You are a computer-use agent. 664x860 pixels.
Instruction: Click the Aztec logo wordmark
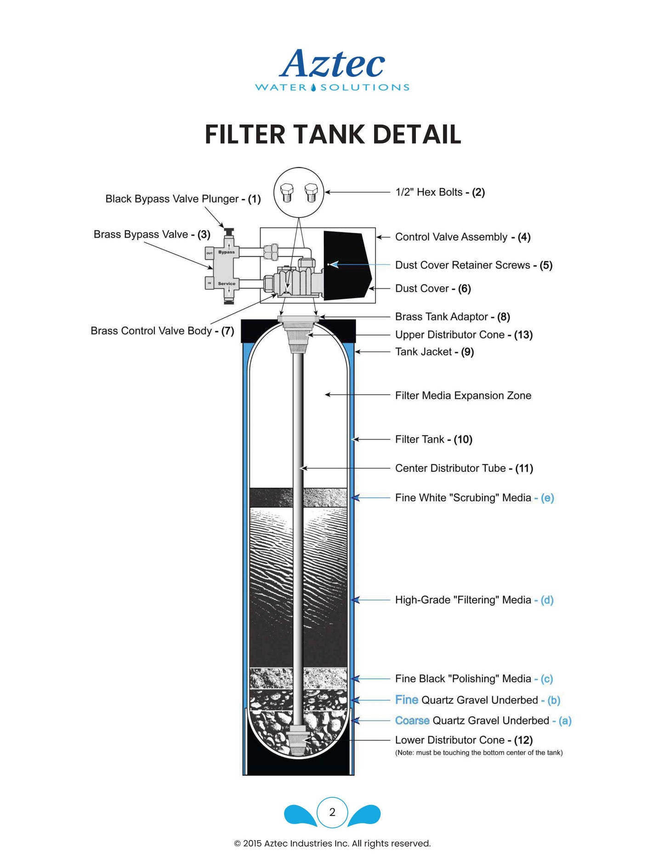pyautogui.click(x=332, y=64)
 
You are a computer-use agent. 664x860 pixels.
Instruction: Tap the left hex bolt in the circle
pyautogui.click(x=287, y=192)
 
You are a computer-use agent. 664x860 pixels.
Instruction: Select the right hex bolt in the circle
pyautogui.click(x=311, y=192)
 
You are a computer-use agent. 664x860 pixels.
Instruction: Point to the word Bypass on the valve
pyautogui.click(x=227, y=252)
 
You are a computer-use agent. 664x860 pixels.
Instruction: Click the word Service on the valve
pyautogui.click(x=227, y=284)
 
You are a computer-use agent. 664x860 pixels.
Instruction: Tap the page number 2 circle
pyautogui.click(x=332, y=812)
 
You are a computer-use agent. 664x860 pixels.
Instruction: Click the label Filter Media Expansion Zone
pyautogui.click(x=463, y=396)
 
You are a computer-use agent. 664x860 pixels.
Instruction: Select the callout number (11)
pyautogui.click(x=524, y=468)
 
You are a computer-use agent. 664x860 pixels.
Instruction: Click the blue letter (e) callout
pyautogui.click(x=547, y=498)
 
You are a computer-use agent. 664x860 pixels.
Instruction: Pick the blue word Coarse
pyautogui.click(x=412, y=720)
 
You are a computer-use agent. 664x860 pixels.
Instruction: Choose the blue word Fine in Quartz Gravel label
pyautogui.click(x=407, y=700)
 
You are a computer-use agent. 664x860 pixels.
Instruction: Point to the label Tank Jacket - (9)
pyautogui.click(x=434, y=352)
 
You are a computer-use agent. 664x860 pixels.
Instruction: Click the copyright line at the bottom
pyautogui.click(x=332, y=843)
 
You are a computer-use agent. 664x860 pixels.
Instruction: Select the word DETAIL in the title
pyautogui.click(x=416, y=134)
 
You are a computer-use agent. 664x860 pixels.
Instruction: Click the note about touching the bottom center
pyautogui.click(x=479, y=753)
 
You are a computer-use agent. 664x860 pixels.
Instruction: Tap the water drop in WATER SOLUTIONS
pyautogui.click(x=313, y=87)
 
